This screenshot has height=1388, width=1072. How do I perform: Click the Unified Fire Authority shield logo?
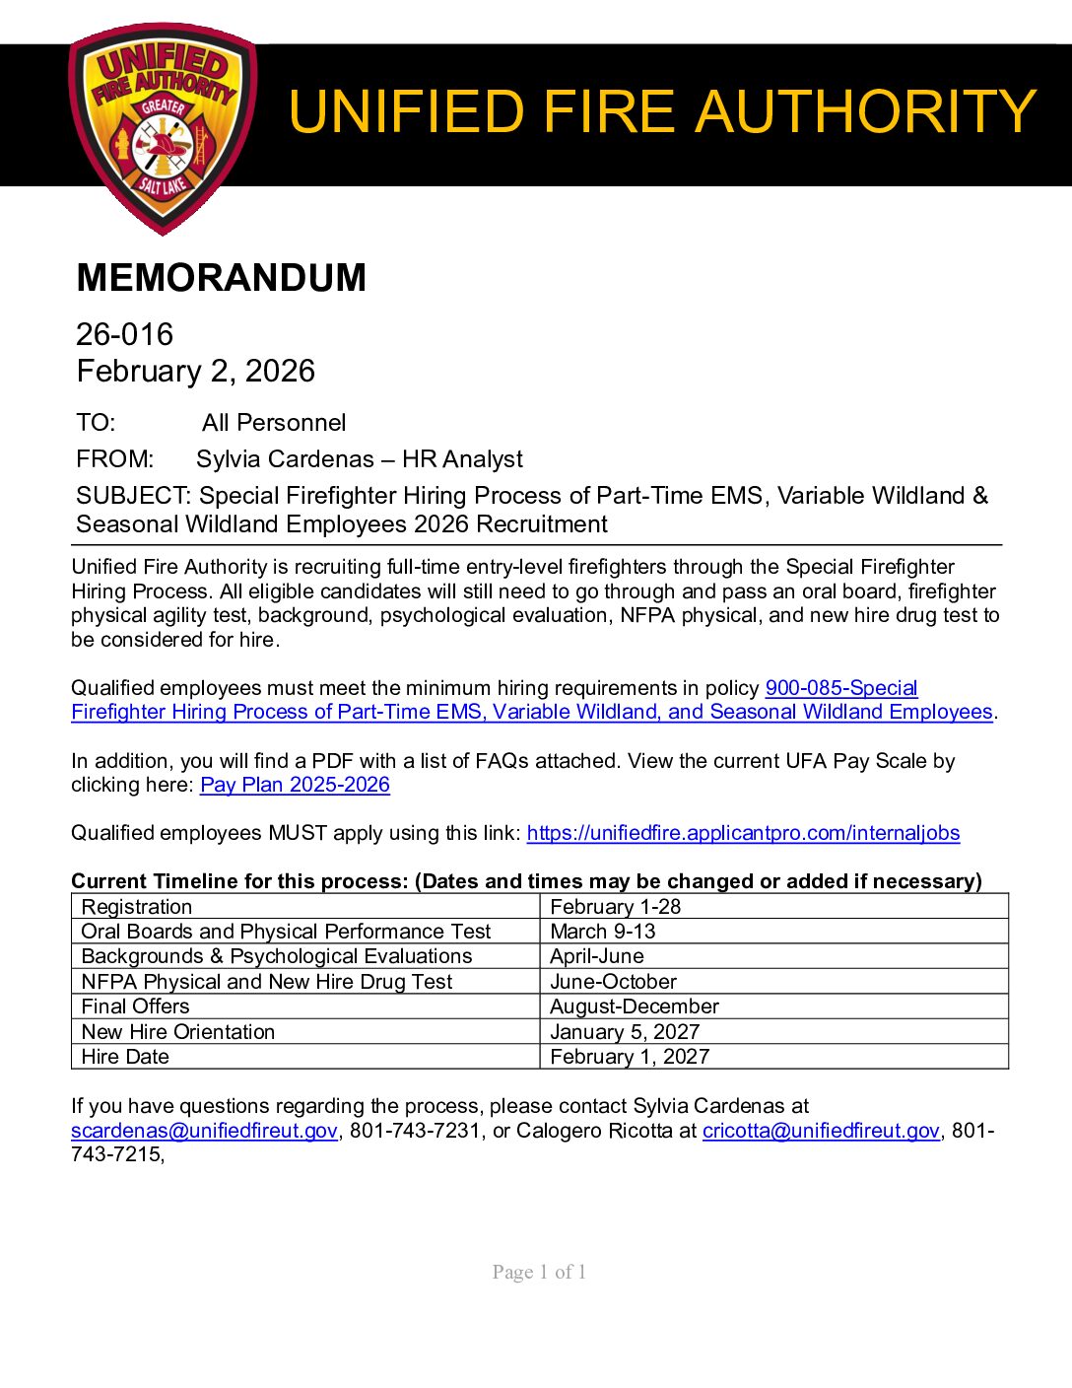(164, 128)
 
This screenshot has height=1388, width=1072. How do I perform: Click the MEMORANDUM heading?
(221, 278)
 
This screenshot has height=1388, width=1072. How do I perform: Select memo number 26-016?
(124, 334)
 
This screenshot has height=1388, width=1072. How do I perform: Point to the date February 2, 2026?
(195, 372)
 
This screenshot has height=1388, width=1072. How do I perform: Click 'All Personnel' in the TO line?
(274, 423)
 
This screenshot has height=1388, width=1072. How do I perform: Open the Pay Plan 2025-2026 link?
(295, 785)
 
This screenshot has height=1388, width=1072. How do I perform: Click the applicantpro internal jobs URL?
(743, 833)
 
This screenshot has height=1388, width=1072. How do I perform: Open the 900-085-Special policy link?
(840, 688)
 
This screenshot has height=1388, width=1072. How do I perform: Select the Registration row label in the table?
(137, 907)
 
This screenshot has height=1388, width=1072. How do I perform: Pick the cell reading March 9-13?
(603, 932)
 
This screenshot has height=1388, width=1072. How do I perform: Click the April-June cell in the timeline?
(597, 956)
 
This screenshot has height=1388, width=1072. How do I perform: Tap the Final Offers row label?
(135, 1006)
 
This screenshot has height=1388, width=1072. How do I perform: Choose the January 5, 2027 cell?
(625, 1032)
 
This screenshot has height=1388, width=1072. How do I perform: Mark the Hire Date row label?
(125, 1057)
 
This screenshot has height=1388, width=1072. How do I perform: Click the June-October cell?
(613, 982)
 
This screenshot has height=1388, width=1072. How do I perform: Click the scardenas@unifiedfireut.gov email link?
(204, 1131)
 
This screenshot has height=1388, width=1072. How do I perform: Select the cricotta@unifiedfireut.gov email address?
(821, 1131)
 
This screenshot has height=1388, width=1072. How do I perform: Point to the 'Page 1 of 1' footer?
(539, 1273)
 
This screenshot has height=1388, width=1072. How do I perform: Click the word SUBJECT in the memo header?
(132, 496)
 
